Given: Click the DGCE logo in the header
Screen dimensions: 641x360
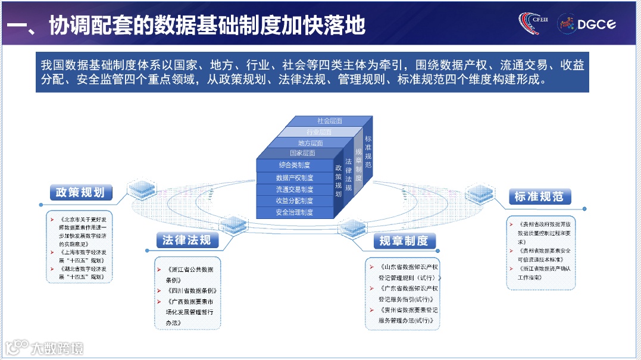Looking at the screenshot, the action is pos(586,24).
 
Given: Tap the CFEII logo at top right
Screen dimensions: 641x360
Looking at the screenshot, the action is pos(535,24).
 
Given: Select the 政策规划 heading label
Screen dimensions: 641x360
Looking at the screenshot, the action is pos(80,192).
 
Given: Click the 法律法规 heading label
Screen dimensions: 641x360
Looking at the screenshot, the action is pos(186,240).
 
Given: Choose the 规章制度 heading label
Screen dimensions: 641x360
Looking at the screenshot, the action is pos(404,240).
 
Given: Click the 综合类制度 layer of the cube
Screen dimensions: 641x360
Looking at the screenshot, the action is pos(295,165).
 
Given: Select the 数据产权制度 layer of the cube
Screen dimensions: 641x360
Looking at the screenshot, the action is pos(295,177).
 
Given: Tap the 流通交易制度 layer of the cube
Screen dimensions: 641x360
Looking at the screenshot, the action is pos(295,189).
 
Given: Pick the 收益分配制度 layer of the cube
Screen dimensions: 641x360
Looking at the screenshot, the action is pos(295,201).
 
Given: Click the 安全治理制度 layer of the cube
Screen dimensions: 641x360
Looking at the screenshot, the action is pos(295,212).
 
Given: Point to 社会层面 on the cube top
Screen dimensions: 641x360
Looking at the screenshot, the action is pos(329,121).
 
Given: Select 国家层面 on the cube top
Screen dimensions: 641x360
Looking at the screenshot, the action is pos(302,153).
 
